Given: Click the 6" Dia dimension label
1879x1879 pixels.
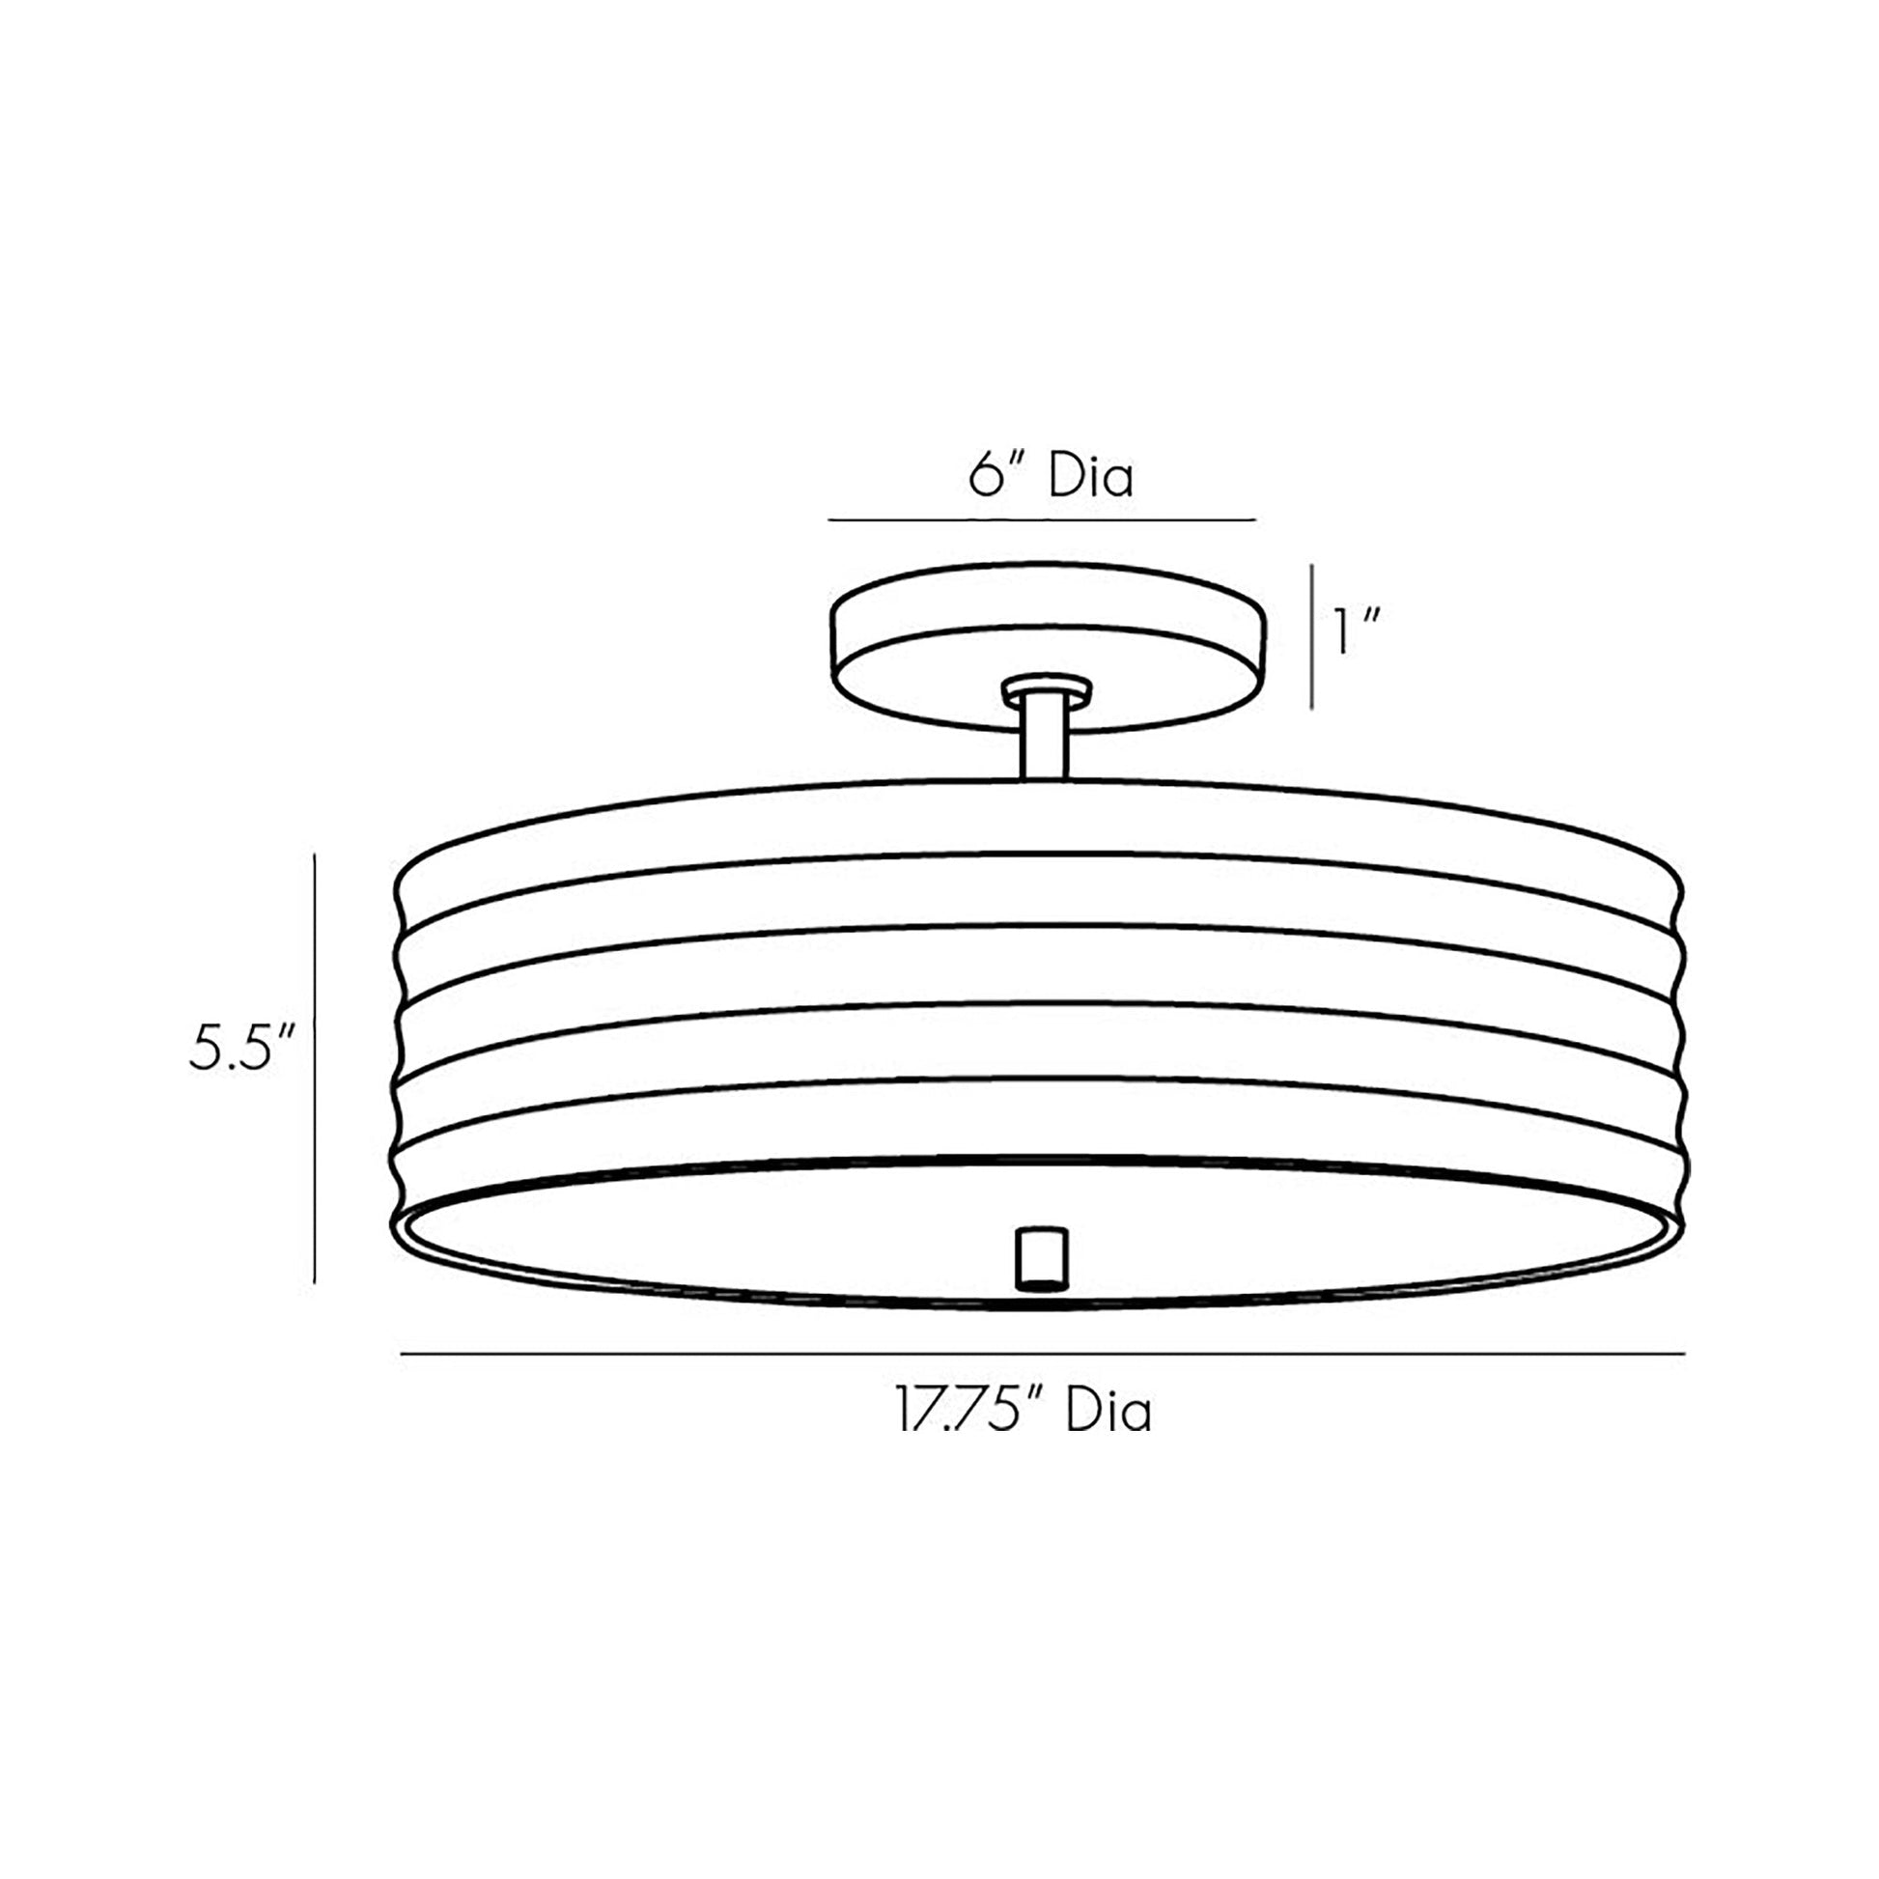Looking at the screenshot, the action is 1052,477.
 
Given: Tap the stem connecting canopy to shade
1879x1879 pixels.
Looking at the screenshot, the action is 1045,740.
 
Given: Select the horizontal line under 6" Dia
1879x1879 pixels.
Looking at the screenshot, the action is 1042,520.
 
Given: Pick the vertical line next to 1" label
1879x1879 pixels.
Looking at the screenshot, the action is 1312,636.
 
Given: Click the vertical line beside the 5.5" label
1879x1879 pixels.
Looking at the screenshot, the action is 315,1068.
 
